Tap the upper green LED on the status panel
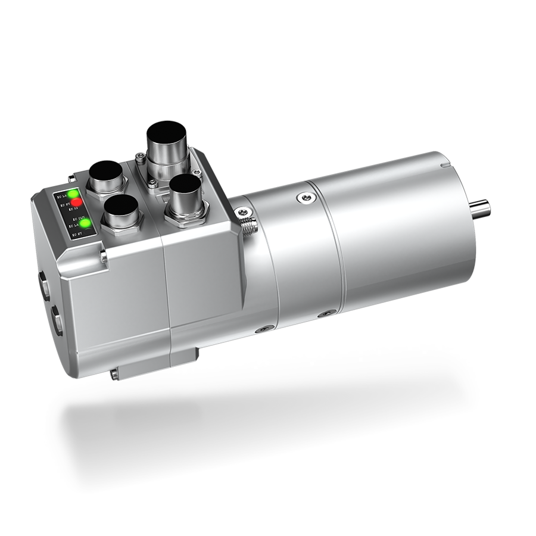pyautogui.click(x=74, y=193)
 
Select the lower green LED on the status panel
pyautogui.click(x=87, y=224)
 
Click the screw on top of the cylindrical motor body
pyautogui.click(x=307, y=197)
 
